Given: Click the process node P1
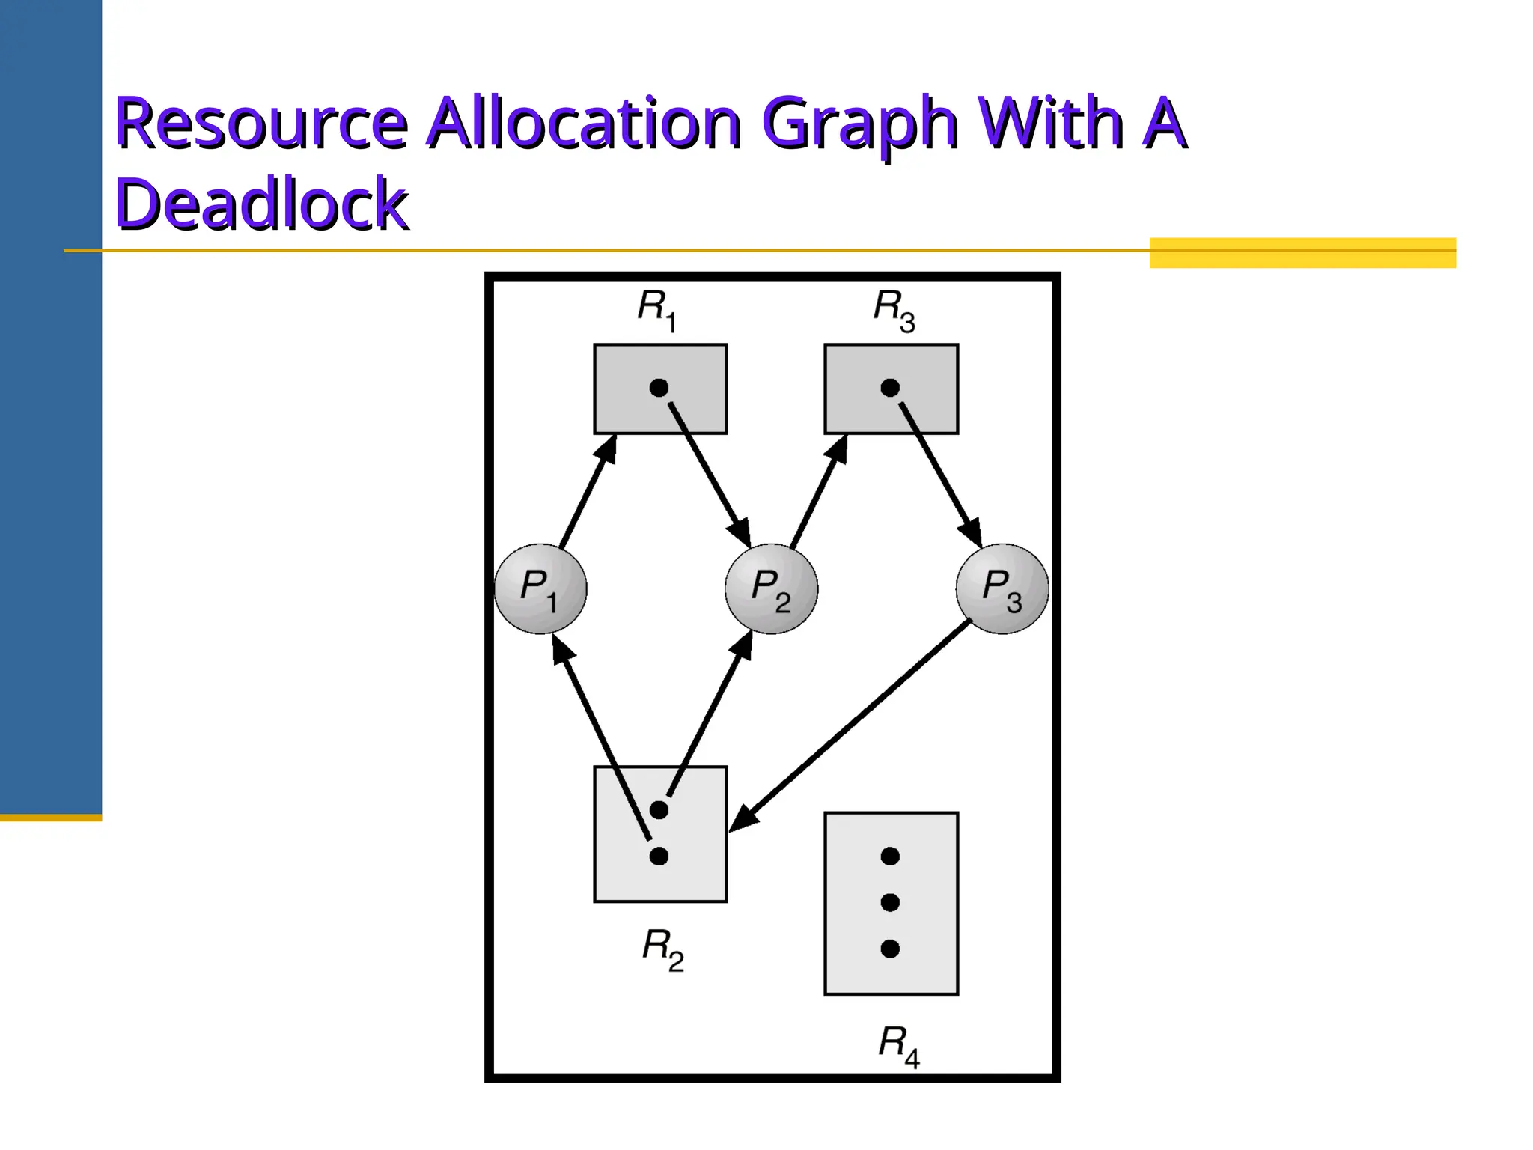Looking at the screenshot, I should pos(540,588).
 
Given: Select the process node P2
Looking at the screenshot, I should pos(771,588).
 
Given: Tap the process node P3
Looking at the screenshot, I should pos(1002,588).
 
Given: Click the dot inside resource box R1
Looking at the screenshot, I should pos(659,388).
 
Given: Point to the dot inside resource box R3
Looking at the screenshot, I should pos(890,388).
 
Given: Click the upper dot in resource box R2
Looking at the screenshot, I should pos(659,809).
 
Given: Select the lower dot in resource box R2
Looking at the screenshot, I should pos(659,856).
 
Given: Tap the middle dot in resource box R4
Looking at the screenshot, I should pos(890,902).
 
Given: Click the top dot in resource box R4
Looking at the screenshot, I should pos(890,856).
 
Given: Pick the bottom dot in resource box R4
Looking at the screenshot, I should pos(890,949).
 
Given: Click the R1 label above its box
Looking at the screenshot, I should pos(656,309).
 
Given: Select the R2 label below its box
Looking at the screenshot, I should pos(662,949).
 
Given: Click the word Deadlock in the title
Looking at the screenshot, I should pos(262,204).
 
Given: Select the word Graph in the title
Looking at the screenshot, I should pos(860,123).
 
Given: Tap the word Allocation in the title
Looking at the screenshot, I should pos(585,123).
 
